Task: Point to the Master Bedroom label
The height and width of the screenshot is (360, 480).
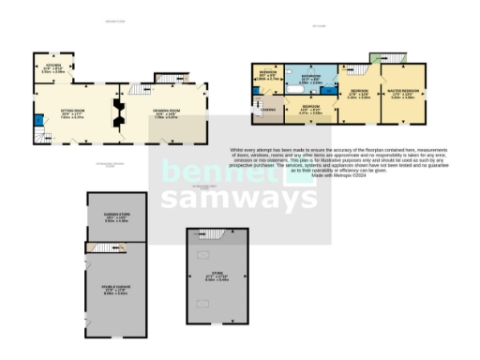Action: pyautogui.click(x=403, y=93)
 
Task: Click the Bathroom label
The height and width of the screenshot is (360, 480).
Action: pyautogui.click(x=311, y=79)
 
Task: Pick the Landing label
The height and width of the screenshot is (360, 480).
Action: pyautogui.click(x=267, y=110)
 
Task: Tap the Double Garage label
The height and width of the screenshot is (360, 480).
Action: pyautogui.click(x=115, y=291)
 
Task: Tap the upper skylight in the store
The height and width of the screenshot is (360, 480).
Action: pyautogui.click(x=202, y=254)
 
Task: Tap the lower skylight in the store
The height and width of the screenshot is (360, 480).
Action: pyautogui.click(x=202, y=302)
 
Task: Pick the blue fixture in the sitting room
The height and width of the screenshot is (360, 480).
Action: pyautogui.click(x=37, y=119)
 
